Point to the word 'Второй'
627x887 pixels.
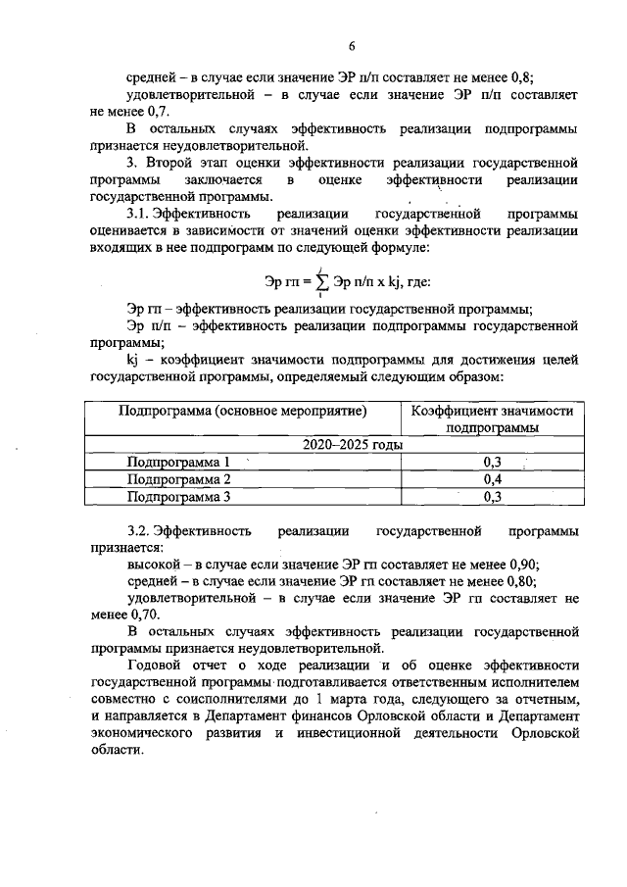[x=174, y=162]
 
